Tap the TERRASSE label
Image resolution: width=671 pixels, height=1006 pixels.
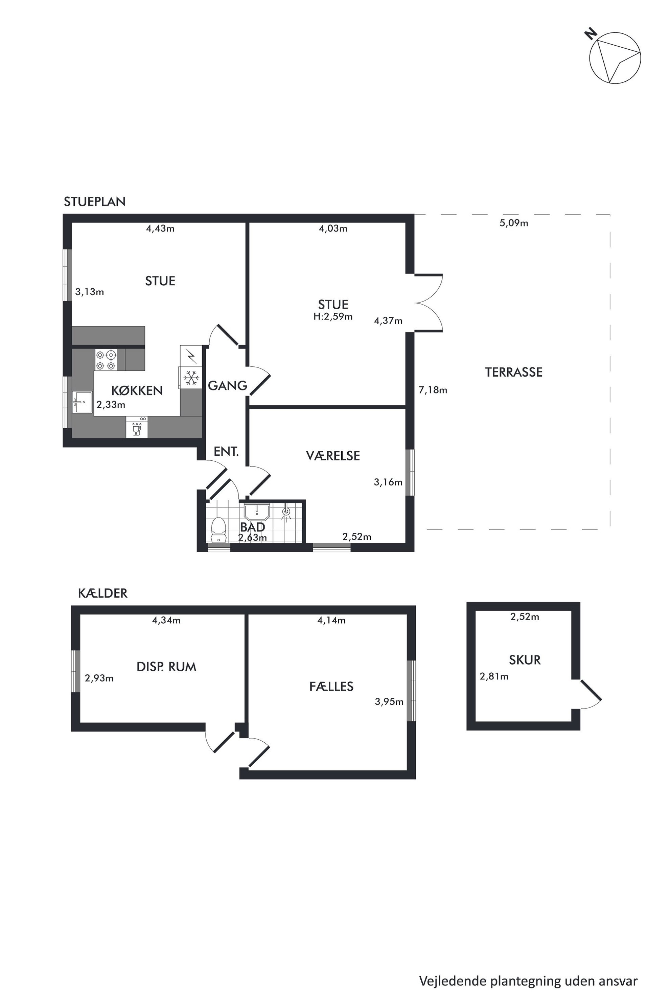[x=513, y=372]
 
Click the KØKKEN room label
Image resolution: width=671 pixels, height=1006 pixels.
[x=137, y=390]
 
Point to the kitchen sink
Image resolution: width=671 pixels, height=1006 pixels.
[x=82, y=402]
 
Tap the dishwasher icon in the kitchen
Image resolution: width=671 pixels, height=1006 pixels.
[x=137, y=427]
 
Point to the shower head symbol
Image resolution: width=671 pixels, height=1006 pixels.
[x=286, y=512]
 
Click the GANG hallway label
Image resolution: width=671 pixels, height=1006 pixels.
[x=227, y=386]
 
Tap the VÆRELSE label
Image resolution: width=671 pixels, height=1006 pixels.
[x=333, y=456]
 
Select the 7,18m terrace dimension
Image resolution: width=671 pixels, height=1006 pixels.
[x=433, y=390]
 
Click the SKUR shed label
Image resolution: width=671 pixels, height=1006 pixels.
[x=525, y=660]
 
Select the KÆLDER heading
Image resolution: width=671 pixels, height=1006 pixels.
[x=103, y=593]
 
